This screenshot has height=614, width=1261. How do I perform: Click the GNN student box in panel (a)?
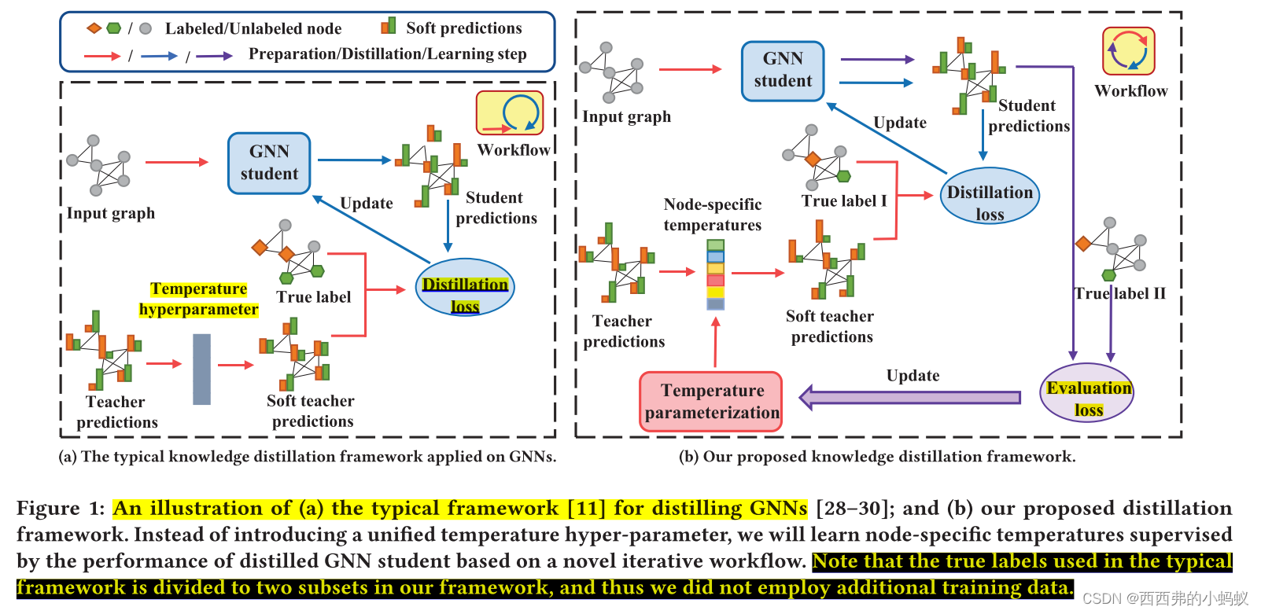pyautogui.click(x=269, y=163)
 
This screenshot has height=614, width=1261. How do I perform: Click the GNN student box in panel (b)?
pyautogui.click(x=783, y=71)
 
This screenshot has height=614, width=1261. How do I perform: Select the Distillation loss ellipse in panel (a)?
pyautogui.click(x=465, y=288)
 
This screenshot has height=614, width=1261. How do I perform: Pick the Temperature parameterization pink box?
pyautogui.click(x=712, y=402)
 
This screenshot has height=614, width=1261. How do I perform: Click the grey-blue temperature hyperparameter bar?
pyautogui.click(x=202, y=369)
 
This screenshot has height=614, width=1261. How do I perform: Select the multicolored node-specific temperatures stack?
pyautogui.click(x=715, y=274)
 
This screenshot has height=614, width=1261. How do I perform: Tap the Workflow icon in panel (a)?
pyautogui.click(x=510, y=113)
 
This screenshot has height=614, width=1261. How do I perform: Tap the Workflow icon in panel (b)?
pyautogui.click(x=1129, y=51)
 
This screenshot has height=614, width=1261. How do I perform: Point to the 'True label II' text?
pyautogui.click(x=1120, y=293)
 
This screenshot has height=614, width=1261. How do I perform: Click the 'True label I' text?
pyautogui.click(x=844, y=200)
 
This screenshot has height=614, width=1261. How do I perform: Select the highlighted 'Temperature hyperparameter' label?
pyautogui.click(x=199, y=300)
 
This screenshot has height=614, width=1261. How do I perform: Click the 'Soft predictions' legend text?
pyautogui.click(x=463, y=28)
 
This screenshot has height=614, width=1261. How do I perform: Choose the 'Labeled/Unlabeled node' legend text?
pyautogui.click(x=253, y=29)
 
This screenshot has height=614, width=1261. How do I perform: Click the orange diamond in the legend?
pyautogui.click(x=94, y=28)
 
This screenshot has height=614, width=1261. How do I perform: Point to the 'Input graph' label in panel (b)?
pyautogui.click(x=627, y=116)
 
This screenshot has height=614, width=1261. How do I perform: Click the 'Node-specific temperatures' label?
pyautogui.click(x=713, y=215)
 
